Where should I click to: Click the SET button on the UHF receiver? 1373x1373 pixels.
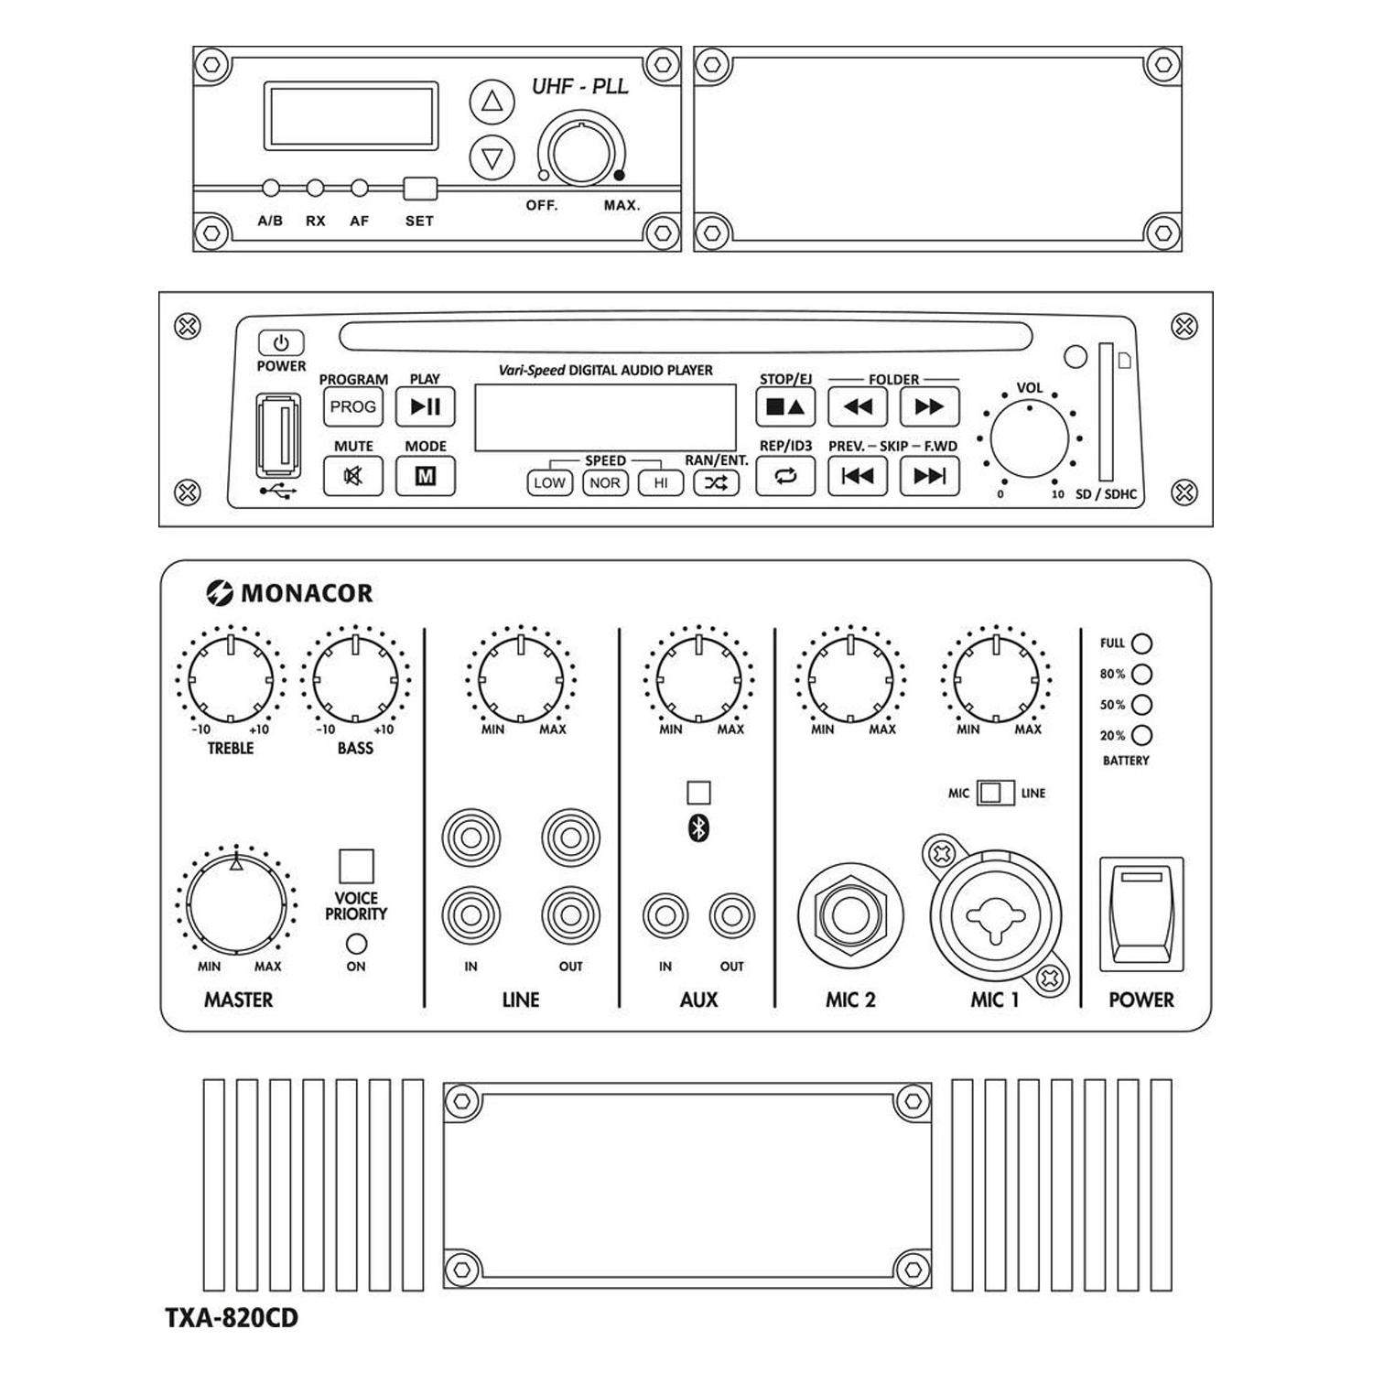[420, 189]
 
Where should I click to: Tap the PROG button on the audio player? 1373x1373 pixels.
[352, 406]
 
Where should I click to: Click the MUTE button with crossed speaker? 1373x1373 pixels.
[352, 476]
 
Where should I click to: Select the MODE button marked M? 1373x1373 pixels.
[425, 476]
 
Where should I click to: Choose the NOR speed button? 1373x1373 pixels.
[605, 482]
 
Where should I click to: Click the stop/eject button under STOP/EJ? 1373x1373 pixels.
[784, 407]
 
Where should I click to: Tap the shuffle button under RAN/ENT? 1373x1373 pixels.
[715, 482]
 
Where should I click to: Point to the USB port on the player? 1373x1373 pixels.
[279, 435]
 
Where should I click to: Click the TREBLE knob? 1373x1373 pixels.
[231, 679]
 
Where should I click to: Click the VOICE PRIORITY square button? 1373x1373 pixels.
[356, 865]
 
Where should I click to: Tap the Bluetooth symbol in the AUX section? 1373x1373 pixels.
[698, 828]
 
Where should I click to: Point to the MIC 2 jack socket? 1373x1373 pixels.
[850, 915]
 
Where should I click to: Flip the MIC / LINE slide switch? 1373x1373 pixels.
[995, 793]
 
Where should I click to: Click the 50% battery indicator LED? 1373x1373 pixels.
[1141, 705]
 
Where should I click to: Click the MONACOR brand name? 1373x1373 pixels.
[306, 593]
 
